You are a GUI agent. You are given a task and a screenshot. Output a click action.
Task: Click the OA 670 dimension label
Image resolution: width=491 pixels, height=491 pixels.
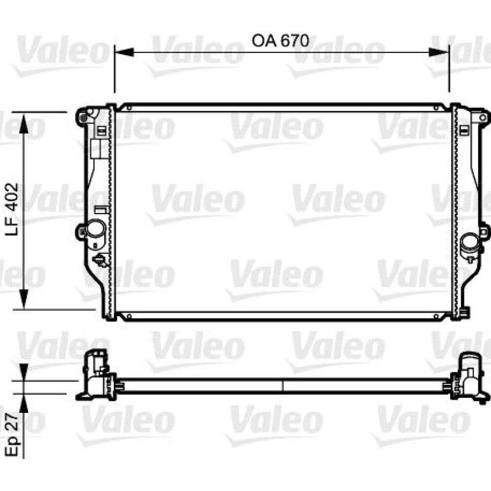(x=280, y=41)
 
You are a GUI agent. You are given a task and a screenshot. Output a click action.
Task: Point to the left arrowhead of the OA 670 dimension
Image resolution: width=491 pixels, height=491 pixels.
(x=124, y=53)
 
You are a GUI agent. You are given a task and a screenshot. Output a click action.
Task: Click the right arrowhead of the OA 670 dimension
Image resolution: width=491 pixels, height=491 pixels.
(x=439, y=53)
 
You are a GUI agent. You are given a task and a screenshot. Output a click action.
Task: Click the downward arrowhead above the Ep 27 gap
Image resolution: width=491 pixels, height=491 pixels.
(x=24, y=373)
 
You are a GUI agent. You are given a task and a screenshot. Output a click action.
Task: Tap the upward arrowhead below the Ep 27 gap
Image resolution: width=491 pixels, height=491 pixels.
(x=24, y=402)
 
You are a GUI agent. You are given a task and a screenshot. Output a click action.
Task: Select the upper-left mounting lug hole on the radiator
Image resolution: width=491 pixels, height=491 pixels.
(x=83, y=118)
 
